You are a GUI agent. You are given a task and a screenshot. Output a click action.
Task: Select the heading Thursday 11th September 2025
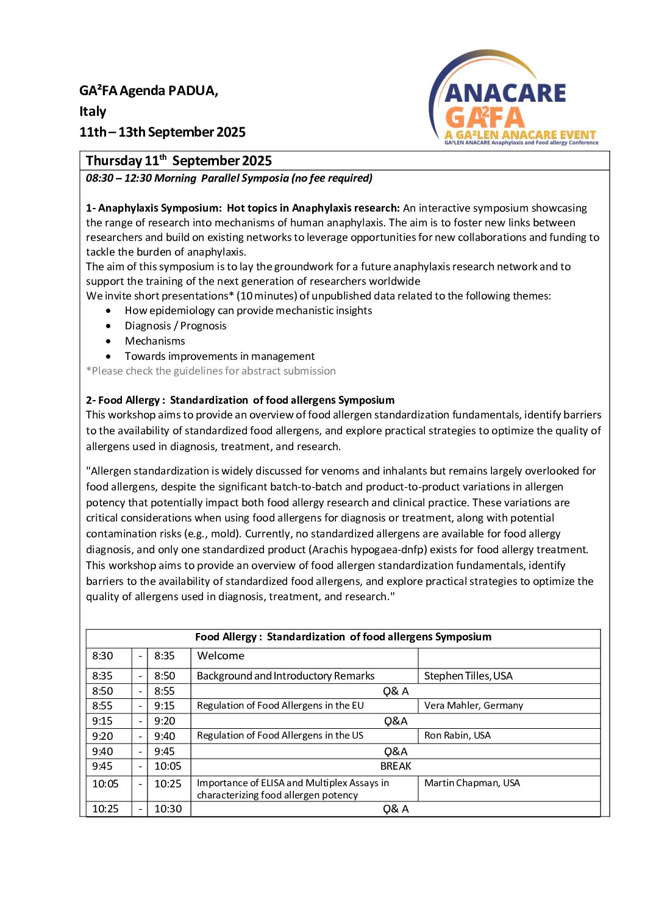click(179, 161)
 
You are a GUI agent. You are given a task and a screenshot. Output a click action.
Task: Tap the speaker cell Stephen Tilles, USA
click(468, 676)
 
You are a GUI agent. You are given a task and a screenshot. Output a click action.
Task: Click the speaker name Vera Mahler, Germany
click(473, 706)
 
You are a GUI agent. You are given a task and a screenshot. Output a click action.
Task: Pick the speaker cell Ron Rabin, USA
click(457, 736)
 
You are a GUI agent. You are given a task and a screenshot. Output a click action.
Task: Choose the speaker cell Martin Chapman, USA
click(472, 783)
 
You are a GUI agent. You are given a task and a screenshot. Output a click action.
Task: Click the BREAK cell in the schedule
click(396, 767)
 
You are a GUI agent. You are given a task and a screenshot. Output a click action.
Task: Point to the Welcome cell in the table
click(221, 656)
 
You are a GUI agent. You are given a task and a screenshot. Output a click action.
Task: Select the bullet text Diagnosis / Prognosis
click(176, 326)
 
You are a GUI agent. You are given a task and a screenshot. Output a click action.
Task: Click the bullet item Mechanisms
click(155, 341)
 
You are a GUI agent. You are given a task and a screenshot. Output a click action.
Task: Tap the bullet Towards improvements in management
click(219, 356)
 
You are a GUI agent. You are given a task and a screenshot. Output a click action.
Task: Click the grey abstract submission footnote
click(211, 371)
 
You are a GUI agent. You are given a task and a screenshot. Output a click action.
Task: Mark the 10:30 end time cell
click(168, 809)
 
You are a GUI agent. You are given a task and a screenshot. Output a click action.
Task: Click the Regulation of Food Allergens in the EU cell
click(280, 706)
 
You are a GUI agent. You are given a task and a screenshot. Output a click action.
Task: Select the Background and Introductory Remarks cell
click(285, 676)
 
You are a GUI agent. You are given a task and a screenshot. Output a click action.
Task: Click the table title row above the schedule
click(343, 637)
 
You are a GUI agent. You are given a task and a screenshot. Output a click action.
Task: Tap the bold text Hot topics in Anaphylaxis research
click(313, 208)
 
